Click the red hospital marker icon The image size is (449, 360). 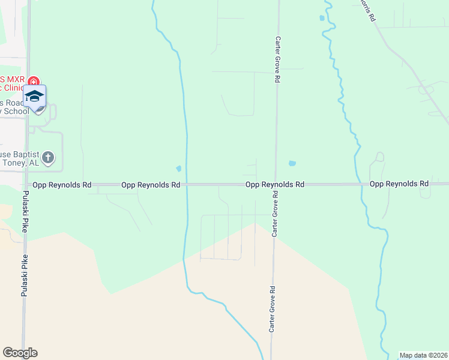[34, 81]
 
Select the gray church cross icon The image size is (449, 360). [49, 158]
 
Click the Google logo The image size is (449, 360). [20, 353]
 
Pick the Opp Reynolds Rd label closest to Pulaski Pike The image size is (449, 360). [62, 185]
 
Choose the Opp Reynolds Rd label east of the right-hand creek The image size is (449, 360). [399, 184]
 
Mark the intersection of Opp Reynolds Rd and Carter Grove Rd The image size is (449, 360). [275, 185]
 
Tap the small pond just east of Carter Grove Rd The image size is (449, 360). [292, 163]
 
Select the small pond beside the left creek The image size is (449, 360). [178, 168]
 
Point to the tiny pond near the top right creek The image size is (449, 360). [322, 18]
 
